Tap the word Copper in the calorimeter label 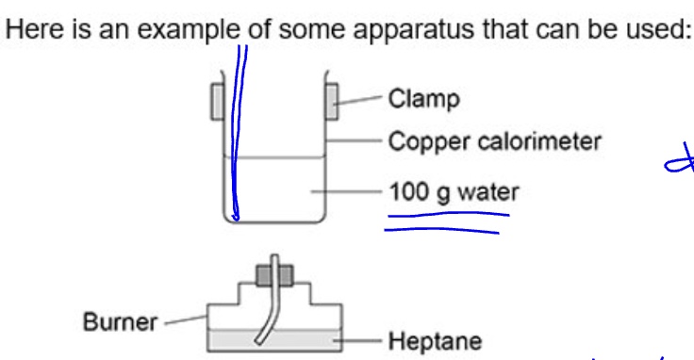click(421, 142)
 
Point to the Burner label click(120, 322)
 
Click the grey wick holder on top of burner click(274, 273)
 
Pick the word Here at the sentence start click(29, 29)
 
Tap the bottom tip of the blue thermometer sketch click(236, 219)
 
